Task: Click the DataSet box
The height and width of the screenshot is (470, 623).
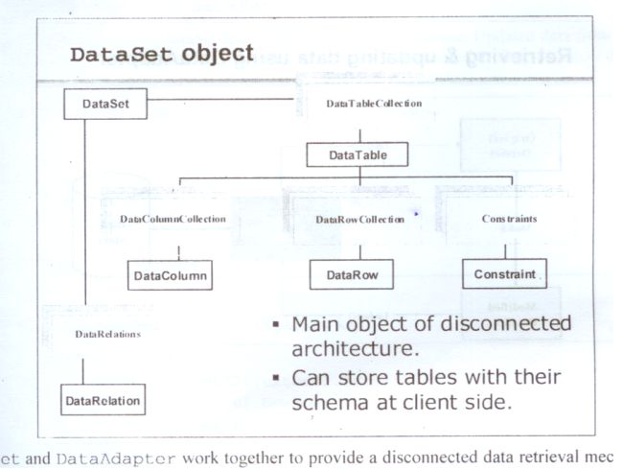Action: [105, 104]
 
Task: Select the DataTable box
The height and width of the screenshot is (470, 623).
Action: [359, 153]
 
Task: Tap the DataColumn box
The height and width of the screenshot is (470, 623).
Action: [169, 275]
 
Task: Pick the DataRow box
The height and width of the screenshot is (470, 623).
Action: [352, 275]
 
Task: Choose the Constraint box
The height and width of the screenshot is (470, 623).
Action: [504, 274]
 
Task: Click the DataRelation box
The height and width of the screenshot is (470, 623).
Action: [102, 400]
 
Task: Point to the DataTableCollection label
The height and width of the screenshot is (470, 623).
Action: [373, 103]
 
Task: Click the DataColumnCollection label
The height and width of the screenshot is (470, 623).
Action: [173, 219]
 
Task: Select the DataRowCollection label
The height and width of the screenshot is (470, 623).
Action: [359, 220]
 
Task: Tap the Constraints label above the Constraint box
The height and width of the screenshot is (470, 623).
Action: [508, 219]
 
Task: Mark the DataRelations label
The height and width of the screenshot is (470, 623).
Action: [108, 334]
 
